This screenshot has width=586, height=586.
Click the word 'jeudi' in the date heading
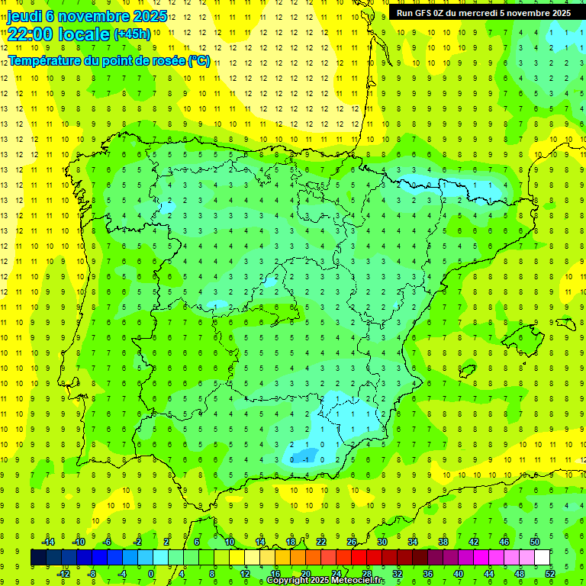click(x=24, y=16)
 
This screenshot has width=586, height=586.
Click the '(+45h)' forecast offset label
click(x=132, y=34)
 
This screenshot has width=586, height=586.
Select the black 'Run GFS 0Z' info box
click(x=483, y=13)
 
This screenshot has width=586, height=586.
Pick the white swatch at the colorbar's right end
click(x=543, y=558)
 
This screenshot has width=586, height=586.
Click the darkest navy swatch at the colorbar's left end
click(x=38, y=558)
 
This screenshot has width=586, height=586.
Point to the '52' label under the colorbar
click(x=550, y=574)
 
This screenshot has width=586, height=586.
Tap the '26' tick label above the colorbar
click(x=352, y=542)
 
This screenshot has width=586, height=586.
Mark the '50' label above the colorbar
click(x=535, y=542)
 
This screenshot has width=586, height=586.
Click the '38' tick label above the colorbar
click(x=443, y=542)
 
